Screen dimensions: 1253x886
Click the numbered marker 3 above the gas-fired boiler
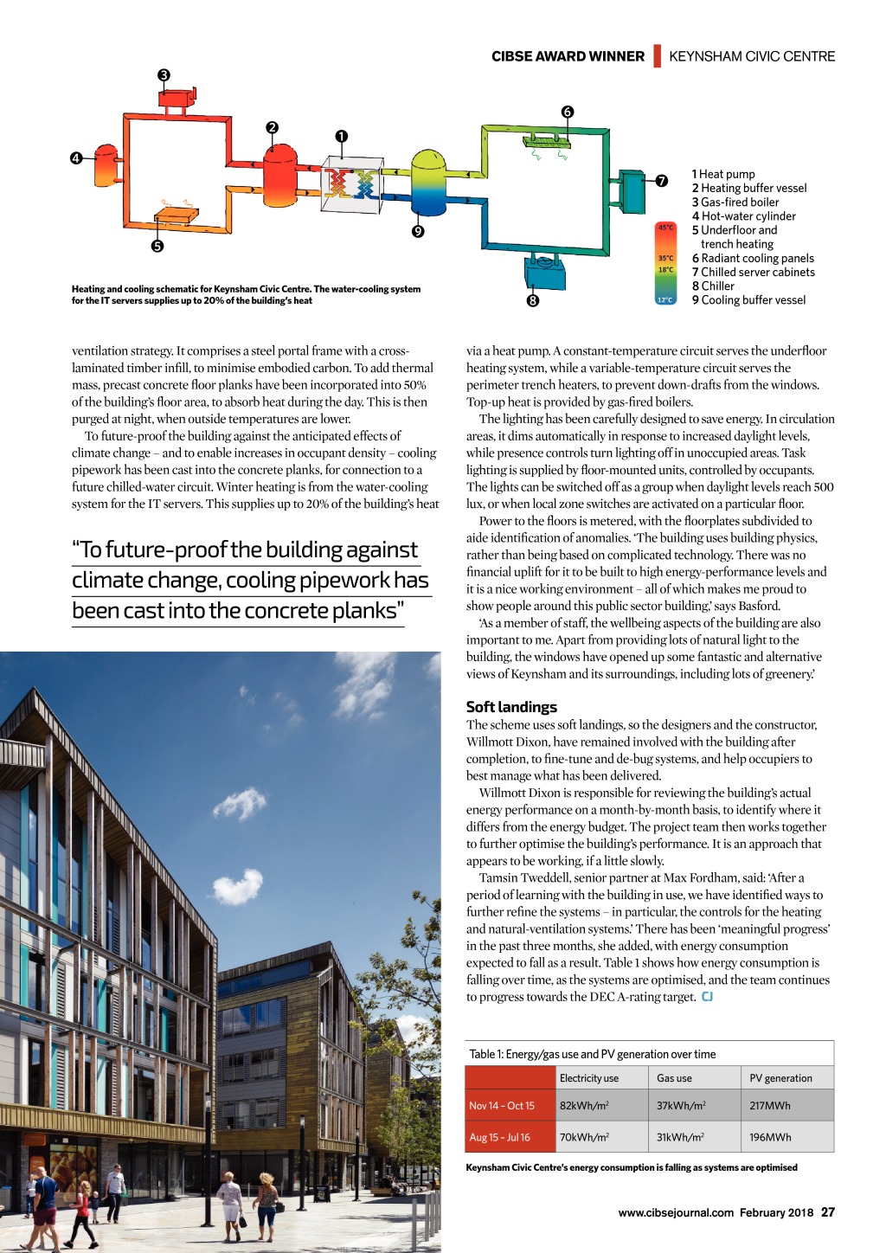[x=164, y=75]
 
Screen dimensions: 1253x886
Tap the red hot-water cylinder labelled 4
[x=106, y=161]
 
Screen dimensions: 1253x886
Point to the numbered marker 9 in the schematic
[x=418, y=231]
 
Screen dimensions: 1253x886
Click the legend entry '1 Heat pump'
[x=723, y=174]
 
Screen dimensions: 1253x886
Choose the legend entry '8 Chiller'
[x=713, y=286]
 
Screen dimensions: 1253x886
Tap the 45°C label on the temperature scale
[x=665, y=228]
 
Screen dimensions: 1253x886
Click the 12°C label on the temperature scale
[x=664, y=299]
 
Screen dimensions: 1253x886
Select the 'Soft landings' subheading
[x=511, y=707]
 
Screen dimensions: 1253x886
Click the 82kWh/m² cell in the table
[x=584, y=1105]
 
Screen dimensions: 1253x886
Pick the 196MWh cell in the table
[x=770, y=1137]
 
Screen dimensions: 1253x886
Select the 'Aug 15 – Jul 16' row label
[x=500, y=1137]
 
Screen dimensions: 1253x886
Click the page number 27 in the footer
[x=828, y=1212]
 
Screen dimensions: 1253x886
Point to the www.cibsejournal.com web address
[x=676, y=1212]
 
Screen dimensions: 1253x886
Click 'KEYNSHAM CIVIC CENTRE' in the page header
[x=752, y=56]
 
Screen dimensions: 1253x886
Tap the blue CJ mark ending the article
[x=707, y=997]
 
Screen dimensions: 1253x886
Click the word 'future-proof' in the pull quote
[x=164, y=550]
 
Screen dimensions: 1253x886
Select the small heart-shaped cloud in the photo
[x=237, y=886]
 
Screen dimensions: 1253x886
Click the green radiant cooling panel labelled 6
[x=547, y=140]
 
